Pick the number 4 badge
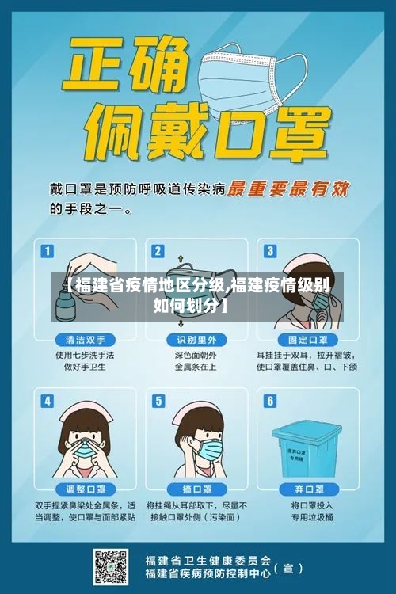48,401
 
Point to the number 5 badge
158,401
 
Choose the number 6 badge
269,401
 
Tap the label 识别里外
196,339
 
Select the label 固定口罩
307,339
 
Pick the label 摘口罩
196,489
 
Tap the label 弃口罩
307,489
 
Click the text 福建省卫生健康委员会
208,558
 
